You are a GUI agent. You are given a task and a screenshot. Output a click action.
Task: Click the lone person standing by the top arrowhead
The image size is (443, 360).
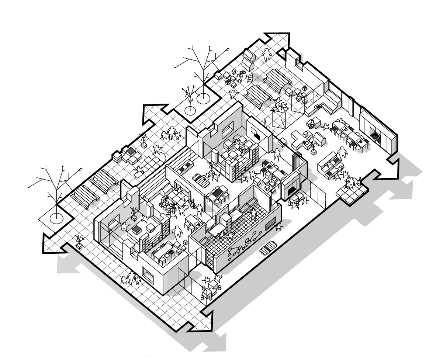pos(267,55)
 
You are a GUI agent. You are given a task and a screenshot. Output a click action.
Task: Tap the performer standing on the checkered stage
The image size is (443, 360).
pos(349,183)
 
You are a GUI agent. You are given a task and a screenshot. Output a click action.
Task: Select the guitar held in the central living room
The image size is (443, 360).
pos(192,205)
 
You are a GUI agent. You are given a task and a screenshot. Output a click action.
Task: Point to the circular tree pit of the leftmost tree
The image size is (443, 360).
pos(55,218)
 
